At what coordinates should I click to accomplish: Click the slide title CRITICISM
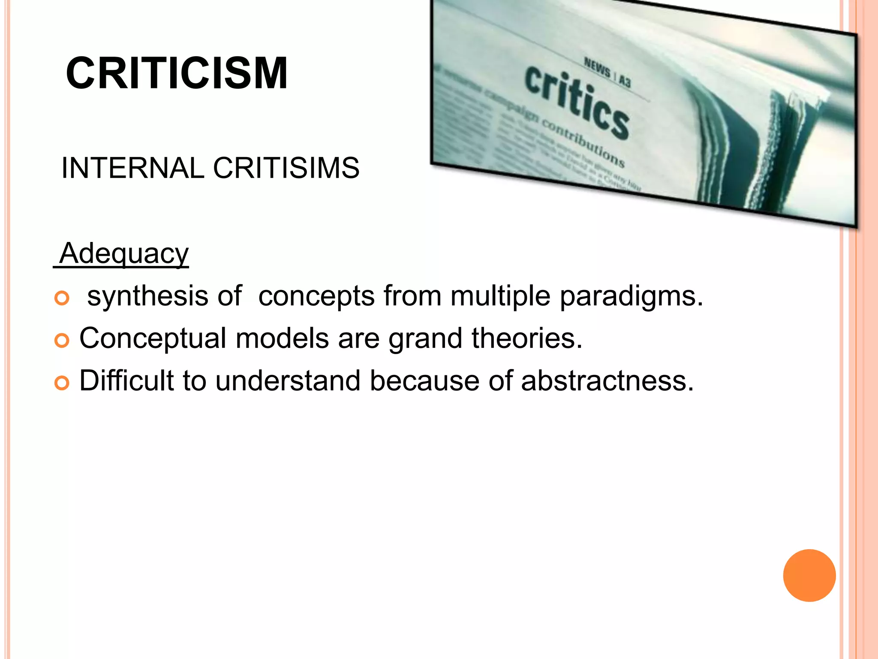coord(177,74)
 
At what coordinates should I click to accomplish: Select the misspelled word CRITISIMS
coord(286,168)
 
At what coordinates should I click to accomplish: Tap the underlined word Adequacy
coord(124,254)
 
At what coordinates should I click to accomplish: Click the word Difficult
coord(126,381)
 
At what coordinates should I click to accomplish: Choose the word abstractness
coord(607,381)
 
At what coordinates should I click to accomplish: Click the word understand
coord(288,381)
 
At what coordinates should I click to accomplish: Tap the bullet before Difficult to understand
coord(62,383)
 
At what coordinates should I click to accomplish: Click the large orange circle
coord(809,575)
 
